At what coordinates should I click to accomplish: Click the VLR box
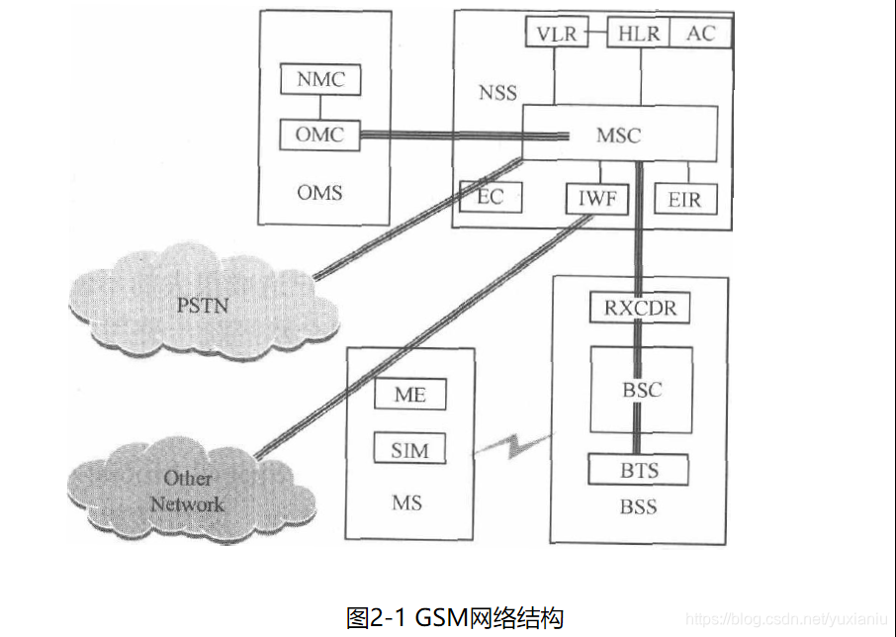(557, 33)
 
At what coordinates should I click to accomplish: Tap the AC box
(700, 33)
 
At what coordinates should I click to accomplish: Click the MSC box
(619, 135)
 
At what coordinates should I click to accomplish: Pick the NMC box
(320, 80)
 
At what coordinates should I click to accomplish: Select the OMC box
(319, 135)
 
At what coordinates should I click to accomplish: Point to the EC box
(491, 197)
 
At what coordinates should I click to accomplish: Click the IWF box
(596, 199)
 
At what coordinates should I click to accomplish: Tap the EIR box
(684, 199)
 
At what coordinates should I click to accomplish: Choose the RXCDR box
(640, 308)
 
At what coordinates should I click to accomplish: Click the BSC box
(640, 389)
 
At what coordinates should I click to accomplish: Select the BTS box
(638, 469)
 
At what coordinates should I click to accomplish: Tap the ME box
(409, 395)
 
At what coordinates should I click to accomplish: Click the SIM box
(409, 450)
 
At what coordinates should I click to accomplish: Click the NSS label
(497, 94)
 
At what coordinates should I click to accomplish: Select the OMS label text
(319, 192)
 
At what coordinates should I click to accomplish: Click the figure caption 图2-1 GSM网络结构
(455, 617)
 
